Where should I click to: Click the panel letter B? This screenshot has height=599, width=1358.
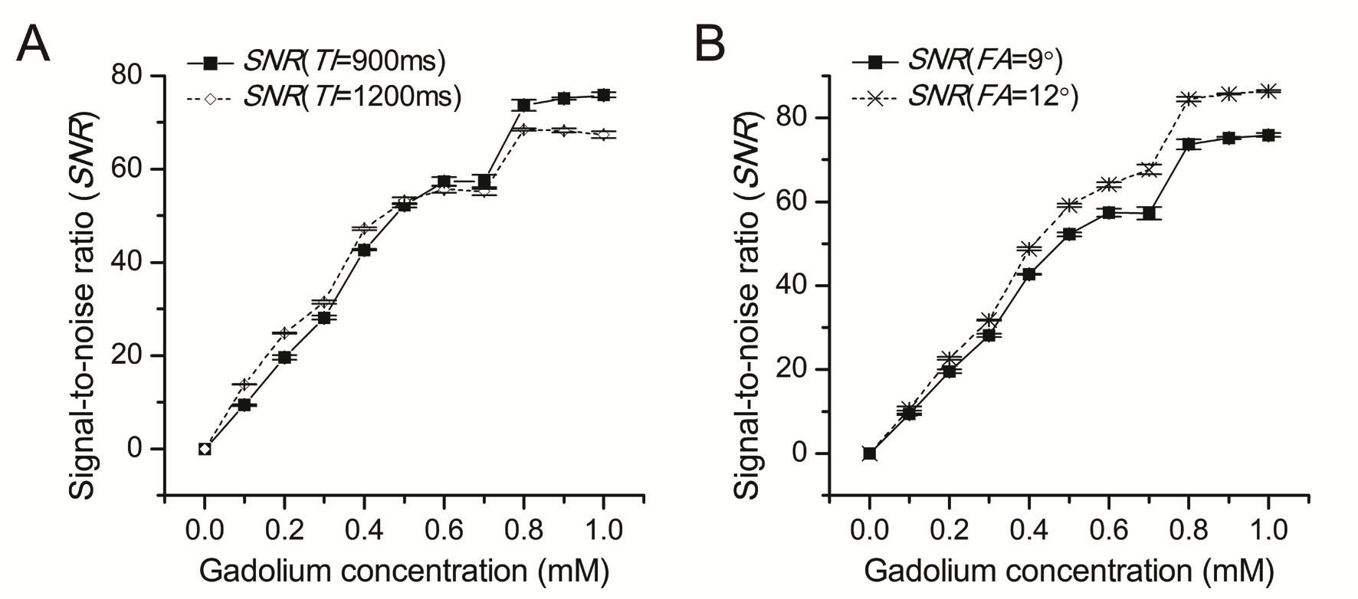coord(709,44)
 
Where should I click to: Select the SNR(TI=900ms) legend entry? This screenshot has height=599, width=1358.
coord(315,61)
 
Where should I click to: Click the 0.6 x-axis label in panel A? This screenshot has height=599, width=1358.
coord(443,530)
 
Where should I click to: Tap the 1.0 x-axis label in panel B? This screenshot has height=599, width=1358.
coord(1268,530)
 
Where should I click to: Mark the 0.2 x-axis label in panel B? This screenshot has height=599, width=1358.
coord(949,530)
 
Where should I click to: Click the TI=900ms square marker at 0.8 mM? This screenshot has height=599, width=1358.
coord(523,105)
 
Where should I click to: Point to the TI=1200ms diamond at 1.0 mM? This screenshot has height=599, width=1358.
coord(603,135)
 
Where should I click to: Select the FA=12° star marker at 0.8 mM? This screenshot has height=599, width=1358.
coord(1189,99)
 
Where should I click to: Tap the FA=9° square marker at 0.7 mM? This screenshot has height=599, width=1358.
coord(1148,213)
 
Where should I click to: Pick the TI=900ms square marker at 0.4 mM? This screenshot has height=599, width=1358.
coord(364,250)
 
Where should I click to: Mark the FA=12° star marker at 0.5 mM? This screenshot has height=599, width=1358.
coord(1068,205)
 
